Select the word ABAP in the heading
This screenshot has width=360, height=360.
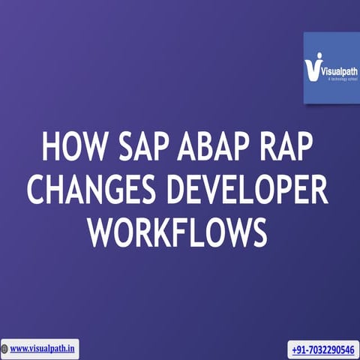pyautogui.click(x=212, y=147)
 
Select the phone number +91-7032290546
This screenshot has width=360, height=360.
pyautogui.click(x=324, y=349)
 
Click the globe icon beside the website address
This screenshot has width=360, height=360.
pyautogui.click(x=6, y=349)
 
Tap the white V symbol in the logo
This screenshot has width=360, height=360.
pyautogui.click(x=313, y=69)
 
